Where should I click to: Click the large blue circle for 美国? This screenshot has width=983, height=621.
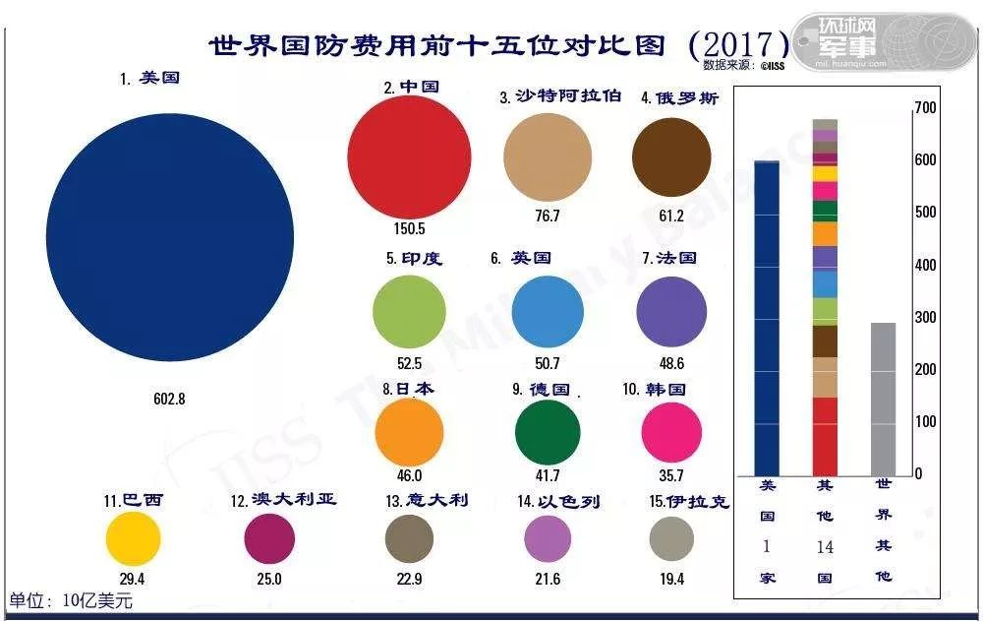[170, 237]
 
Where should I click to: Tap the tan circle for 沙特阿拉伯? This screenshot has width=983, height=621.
[548, 157]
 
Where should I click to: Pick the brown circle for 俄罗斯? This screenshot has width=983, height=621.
[671, 157]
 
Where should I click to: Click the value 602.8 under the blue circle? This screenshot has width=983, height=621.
[169, 400]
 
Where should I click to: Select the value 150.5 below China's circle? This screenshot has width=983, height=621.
[409, 229]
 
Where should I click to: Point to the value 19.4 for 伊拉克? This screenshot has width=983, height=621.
[671, 580]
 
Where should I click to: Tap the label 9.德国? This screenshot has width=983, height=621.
[541, 389]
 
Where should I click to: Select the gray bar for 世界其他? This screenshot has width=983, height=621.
[883, 398]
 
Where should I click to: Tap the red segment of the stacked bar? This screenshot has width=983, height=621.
[825, 435]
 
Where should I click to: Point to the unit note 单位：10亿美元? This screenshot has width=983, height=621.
[71, 599]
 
